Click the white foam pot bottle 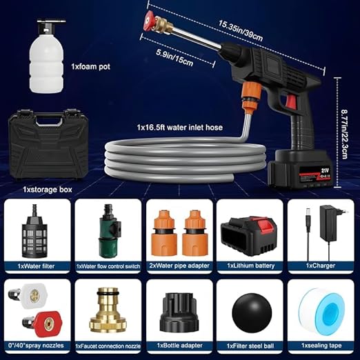[47, 61]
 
